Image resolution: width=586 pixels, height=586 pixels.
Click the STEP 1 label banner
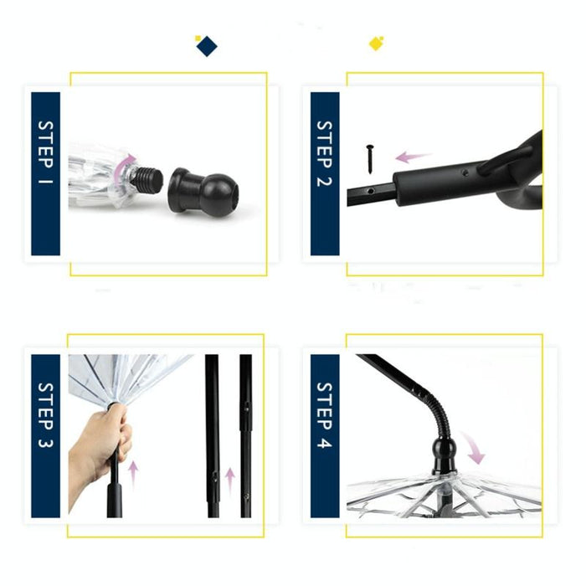(x=45, y=173)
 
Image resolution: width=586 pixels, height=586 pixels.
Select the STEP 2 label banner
(x=324, y=173)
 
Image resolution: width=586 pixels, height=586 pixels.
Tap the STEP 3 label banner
(x=45, y=435)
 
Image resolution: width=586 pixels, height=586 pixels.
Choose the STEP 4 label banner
(x=324, y=435)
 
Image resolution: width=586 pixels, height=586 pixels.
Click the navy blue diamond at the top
(x=205, y=46)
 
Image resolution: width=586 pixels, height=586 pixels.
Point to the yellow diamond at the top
(x=376, y=43)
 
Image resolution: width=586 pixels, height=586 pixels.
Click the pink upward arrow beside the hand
(x=132, y=473)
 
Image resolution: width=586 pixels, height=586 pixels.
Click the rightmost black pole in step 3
(x=245, y=435)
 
